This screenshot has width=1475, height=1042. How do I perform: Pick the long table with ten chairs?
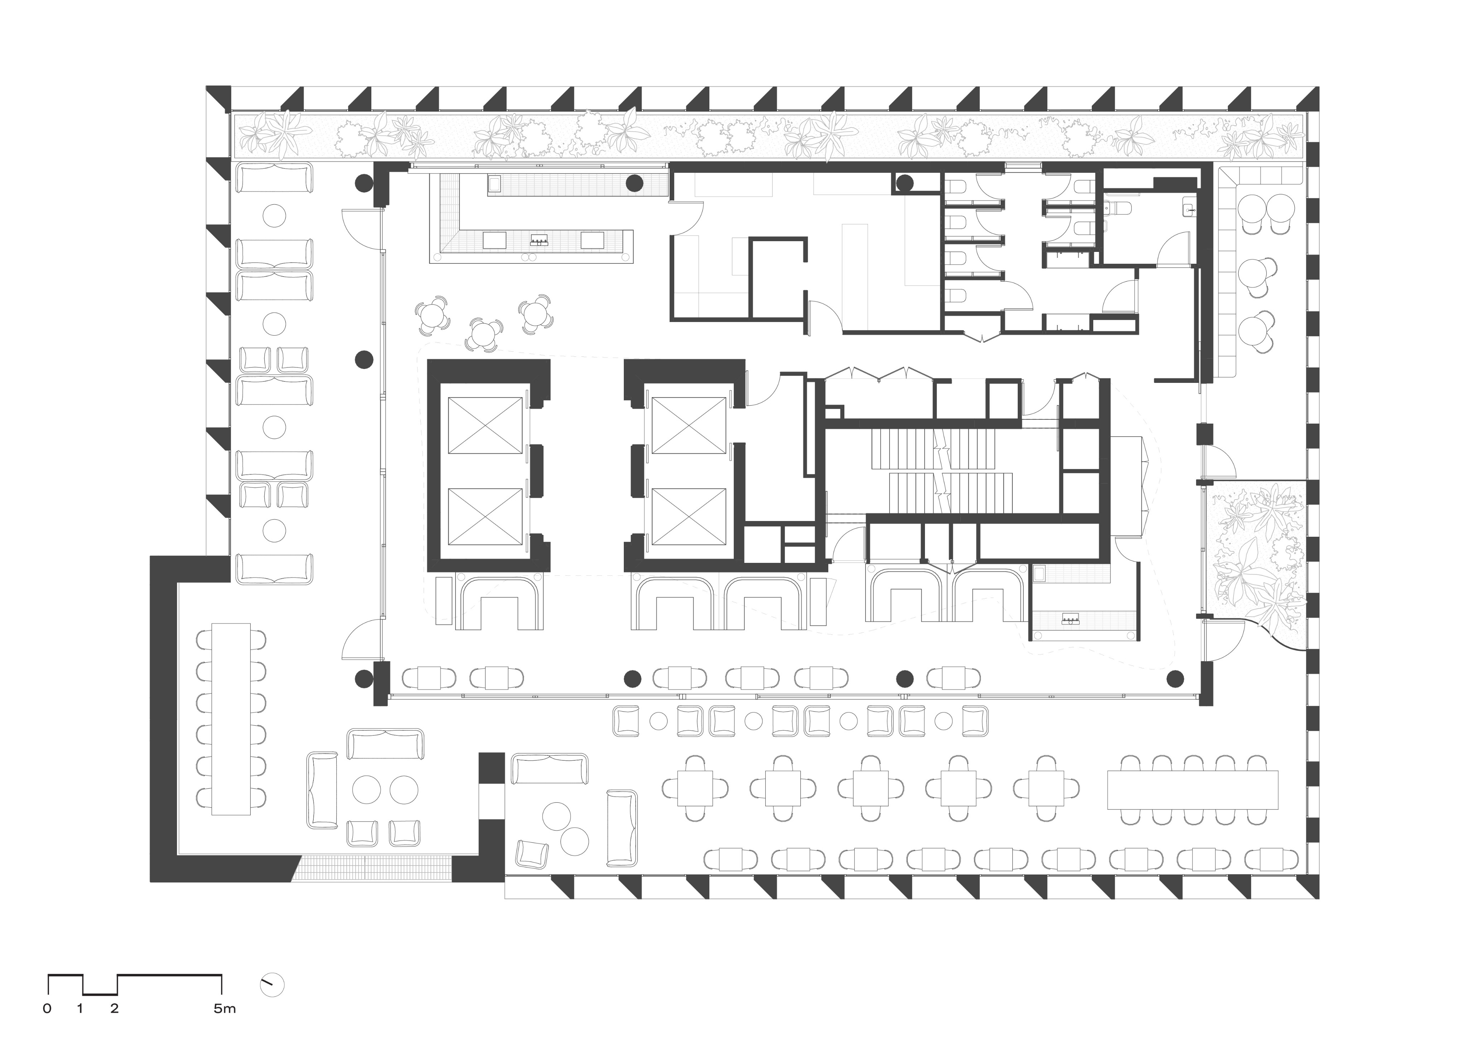(x=1193, y=790)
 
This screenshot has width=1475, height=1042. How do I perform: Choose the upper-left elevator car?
(x=485, y=425)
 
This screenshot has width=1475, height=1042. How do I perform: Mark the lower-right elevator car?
(x=688, y=516)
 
